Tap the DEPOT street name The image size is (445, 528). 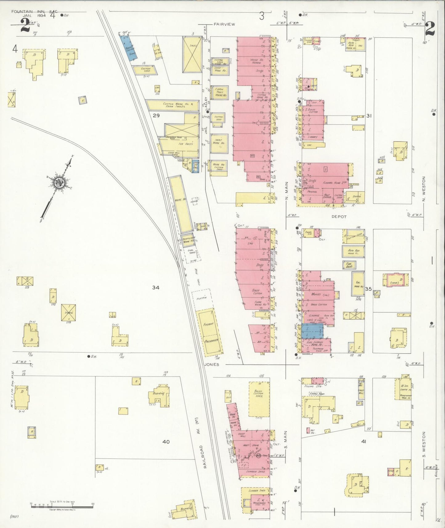point(339,217)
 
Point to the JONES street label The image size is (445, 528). point(212,364)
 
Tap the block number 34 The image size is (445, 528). point(156,287)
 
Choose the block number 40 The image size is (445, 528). point(166,442)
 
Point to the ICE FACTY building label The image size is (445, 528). point(186,144)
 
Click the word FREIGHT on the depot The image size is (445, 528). point(208,324)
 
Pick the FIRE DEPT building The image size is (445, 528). point(349,265)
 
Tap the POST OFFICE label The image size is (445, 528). point(327,196)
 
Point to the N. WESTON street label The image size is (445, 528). point(424,188)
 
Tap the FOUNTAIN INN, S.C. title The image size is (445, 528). point(34,12)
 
